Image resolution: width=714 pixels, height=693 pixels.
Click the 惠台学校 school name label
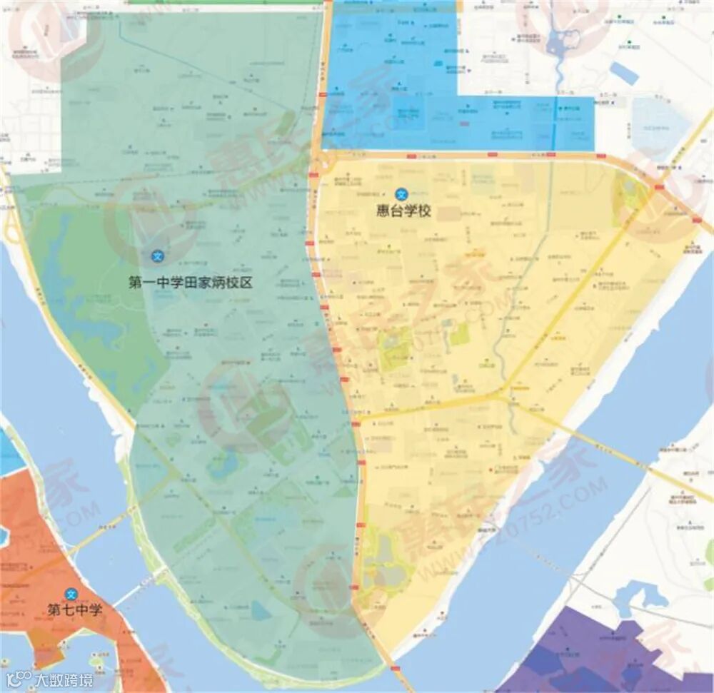(x=404, y=211)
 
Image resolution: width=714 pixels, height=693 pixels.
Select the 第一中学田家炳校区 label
(x=191, y=282)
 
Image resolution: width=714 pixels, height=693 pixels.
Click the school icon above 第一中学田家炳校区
(x=158, y=256)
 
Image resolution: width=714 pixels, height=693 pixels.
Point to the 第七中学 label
(x=75, y=610)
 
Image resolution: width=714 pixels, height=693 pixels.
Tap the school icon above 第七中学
(x=71, y=594)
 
